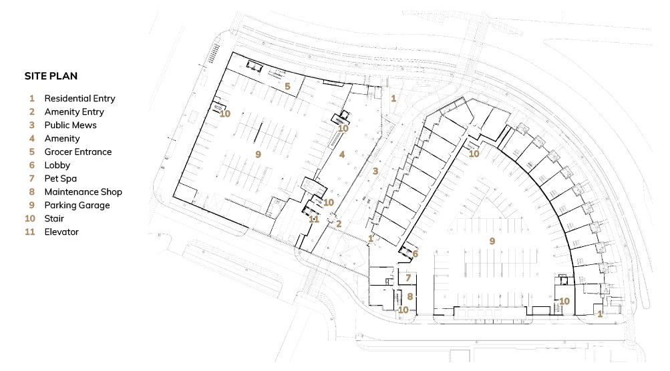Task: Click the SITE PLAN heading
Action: tap(51, 76)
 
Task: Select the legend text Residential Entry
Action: tap(80, 99)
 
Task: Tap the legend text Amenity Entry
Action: tap(74, 112)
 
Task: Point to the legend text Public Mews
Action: tap(71, 125)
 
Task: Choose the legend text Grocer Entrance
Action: tap(78, 152)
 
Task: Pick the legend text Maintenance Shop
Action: tap(83, 192)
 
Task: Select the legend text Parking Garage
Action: tap(77, 206)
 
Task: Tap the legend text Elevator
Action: tap(61, 232)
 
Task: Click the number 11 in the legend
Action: tap(30, 232)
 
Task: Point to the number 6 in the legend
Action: tap(31, 165)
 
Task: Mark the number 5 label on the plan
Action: tap(287, 86)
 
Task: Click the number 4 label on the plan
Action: tap(342, 154)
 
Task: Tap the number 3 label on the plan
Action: tap(375, 171)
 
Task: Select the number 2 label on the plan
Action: tap(339, 224)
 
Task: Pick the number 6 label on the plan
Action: tap(415, 254)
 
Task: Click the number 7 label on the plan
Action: tap(408, 278)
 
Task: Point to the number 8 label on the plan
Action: tap(409, 296)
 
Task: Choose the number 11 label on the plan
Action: tap(314, 219)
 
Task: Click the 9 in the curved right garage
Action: tap(492, 241)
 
